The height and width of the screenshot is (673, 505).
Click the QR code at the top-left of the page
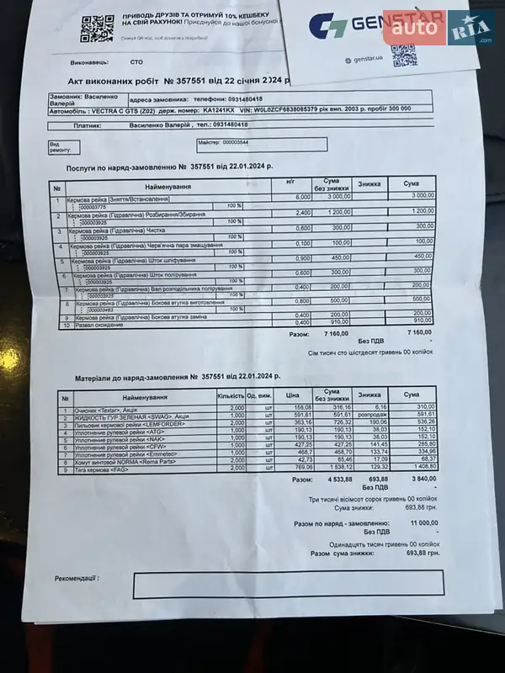pyautogui.click(x=97, y=28)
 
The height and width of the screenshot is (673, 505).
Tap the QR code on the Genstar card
pyautogui.click(x=403, y=55)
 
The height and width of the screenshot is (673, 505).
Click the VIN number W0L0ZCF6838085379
pyautogui.click(x=274, y=109)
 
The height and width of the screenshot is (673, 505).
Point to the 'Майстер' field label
pyautogui.click(x=209, y=143)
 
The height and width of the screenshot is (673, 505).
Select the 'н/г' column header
pyautogui.click(x=290, y=181)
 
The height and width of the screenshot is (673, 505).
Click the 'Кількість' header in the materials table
pyautogui.click(x=231, y=395)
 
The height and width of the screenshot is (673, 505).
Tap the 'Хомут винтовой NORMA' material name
pyautogui.click(x=122, y=462)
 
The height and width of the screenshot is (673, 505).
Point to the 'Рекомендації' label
pyautogui.click(x=77, y=579)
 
